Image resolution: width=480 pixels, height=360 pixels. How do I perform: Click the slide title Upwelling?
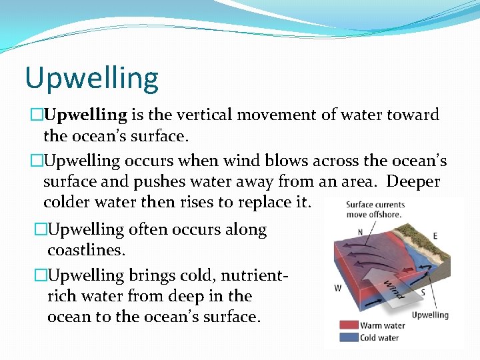coord(92,78)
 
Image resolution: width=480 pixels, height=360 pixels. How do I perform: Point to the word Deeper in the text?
coord(413,181)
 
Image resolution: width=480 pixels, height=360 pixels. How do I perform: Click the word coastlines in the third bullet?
coord(85,250)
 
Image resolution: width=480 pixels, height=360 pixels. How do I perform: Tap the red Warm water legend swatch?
coord(349,326)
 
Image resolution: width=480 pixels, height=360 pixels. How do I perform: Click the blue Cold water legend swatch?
coord(349,337)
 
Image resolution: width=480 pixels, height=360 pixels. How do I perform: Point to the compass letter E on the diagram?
coord(435,236)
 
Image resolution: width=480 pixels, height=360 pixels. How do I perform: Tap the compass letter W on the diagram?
coord(339,289)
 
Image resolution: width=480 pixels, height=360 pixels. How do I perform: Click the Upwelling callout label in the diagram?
coord(430,315)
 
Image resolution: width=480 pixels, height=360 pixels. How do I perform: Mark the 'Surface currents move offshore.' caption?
coord(375,209)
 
